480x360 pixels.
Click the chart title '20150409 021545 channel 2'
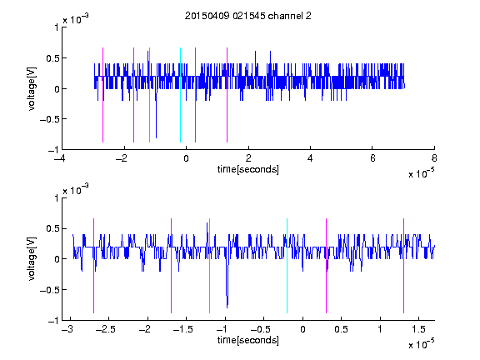(248, 16)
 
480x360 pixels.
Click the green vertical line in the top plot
(149, 95)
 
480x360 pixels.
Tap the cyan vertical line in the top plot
(180, 95)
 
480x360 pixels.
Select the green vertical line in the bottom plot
(209, 266)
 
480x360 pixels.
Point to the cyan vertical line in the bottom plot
(287, 266)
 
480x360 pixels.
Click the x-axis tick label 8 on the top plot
(434, 158)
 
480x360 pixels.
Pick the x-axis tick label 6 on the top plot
(372, 158)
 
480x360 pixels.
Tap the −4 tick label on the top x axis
(60, 158)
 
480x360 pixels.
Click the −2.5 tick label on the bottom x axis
(105, 329)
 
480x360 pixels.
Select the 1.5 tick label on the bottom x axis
(418, 329)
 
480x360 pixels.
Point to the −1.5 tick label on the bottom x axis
(182, 329)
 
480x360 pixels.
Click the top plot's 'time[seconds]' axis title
(248, 169)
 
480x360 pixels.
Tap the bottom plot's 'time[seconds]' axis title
(248, 340)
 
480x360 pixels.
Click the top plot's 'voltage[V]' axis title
(32, 89)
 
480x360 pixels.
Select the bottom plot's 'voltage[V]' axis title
(32, 259)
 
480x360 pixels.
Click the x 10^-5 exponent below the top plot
(421, 173)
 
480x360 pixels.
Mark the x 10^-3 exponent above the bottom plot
(76, 190)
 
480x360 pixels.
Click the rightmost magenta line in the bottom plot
(404, 266)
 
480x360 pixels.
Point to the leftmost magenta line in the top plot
(102, 95)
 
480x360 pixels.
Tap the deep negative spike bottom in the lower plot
(227, 307)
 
